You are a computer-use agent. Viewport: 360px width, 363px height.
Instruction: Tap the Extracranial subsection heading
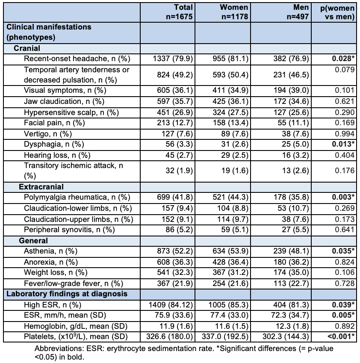[x=41, y=187]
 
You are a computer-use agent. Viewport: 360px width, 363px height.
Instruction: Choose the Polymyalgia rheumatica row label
[x=77, y=198]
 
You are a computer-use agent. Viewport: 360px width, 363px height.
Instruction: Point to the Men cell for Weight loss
[x=291, y=272]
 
